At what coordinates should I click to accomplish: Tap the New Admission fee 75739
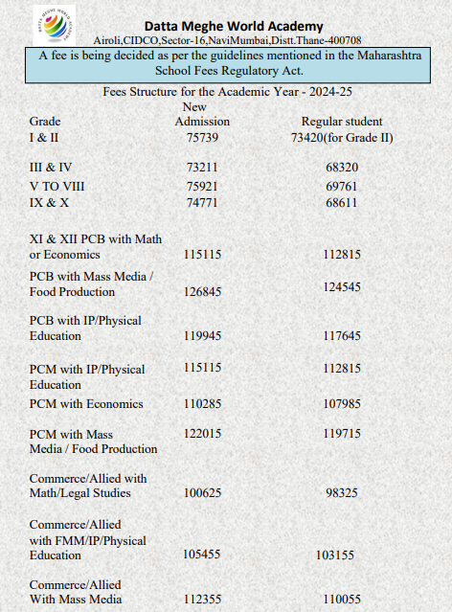tap(202, 137)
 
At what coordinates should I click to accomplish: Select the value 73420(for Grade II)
tap(342, 137)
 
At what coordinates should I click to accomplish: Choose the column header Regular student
tap(342, 122)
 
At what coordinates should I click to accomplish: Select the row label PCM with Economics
tap(86, 404)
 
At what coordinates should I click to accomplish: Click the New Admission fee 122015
tap(202, 434)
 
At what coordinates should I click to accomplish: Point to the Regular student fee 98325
tap(342, 493)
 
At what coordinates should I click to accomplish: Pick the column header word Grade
tap(45, 122)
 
